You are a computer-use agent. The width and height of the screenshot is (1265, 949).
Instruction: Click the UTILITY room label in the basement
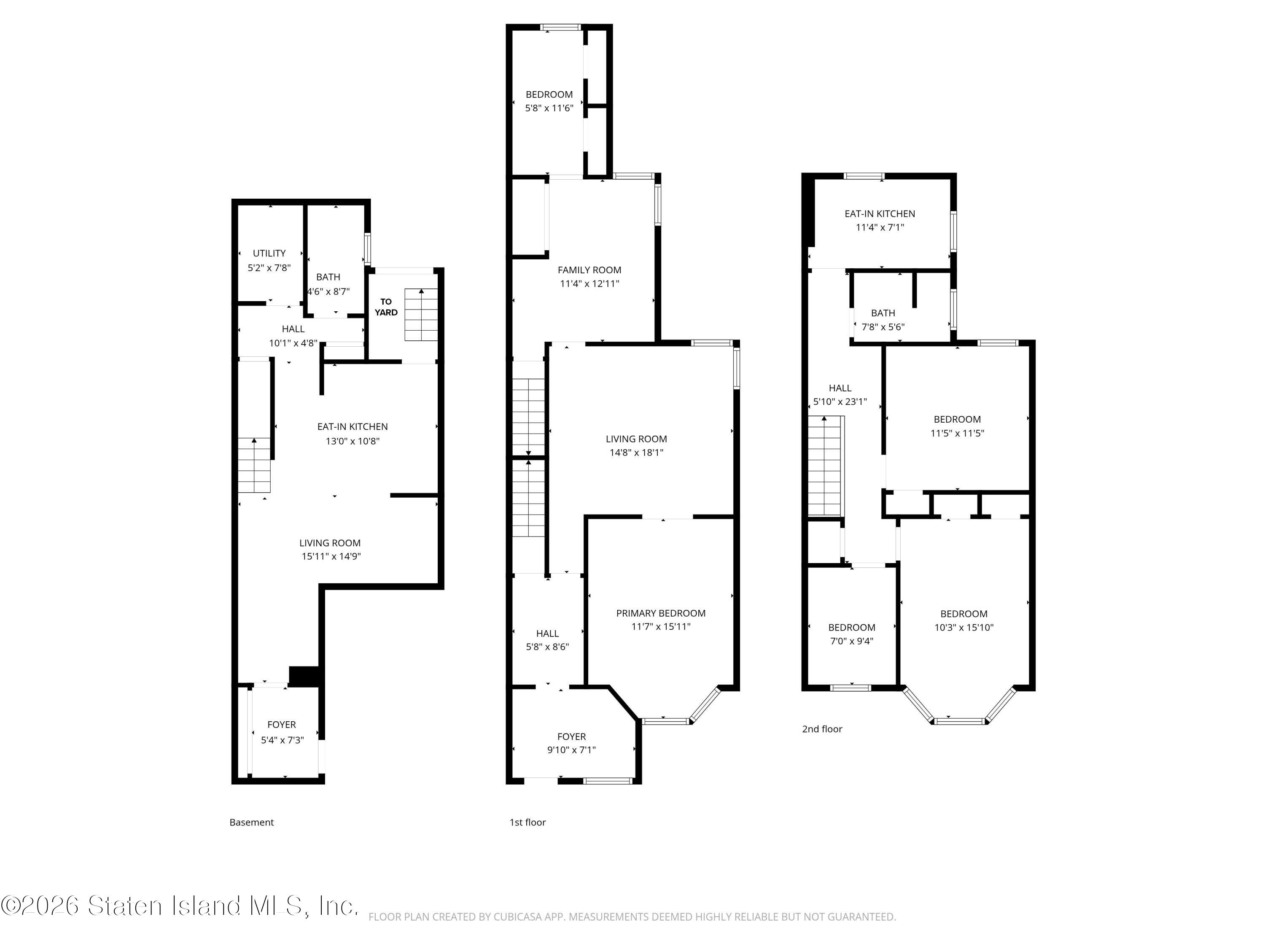(269, 253)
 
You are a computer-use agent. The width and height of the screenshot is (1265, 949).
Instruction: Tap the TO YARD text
(386, 307)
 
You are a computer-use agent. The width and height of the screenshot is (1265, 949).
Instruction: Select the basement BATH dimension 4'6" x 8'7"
(328, 291)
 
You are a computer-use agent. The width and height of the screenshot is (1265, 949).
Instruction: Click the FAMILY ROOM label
(589, 270)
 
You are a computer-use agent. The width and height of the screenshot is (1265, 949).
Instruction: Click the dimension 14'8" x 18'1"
(636, 453)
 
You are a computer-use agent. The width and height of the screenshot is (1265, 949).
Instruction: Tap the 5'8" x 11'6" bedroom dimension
(549, 108)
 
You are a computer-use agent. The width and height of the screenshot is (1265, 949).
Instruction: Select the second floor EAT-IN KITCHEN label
(880, 214)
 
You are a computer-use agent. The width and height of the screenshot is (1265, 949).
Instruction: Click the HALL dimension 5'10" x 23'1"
(840, 402)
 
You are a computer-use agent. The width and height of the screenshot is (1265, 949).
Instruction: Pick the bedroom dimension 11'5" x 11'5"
(957, 433)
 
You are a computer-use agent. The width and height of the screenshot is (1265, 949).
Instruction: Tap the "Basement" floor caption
(252, 822)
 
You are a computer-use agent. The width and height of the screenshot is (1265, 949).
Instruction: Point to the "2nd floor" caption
(822, 729)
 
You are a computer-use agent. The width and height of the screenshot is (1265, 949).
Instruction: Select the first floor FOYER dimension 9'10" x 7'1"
(571, 750)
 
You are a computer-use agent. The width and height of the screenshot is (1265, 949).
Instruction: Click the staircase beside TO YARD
(422, 315)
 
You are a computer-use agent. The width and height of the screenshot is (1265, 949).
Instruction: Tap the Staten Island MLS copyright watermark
(180, 906)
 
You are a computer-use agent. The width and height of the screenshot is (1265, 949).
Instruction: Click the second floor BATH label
(883, 313)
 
